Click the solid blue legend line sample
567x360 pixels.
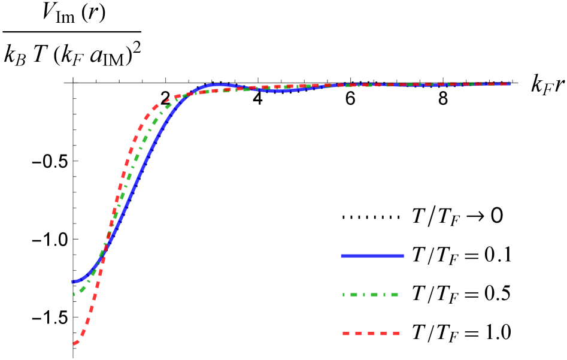(x=372, y=256)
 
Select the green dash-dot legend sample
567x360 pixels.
(x=370, y=294)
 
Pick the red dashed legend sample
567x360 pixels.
(x=371, y=333)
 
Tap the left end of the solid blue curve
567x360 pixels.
(x=72, y=282)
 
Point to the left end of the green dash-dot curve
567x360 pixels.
(x=74, y=294)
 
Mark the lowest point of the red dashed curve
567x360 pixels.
(x=74, y=343)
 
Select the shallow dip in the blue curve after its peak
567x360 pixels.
(x=279, y=90)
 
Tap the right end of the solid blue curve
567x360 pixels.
(x=510, y=84)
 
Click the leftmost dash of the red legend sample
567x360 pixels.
(x=345, y=333)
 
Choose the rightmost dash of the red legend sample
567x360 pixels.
(x=396, y=333)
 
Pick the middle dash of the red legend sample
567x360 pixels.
(x=371, y=333)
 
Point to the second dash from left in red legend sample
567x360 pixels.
(x=358, y=333)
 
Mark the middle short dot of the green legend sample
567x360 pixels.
(x=364, y=294)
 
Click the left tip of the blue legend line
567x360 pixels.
(x=341, y=256)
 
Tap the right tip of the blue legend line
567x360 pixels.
(x=404, y=256)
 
